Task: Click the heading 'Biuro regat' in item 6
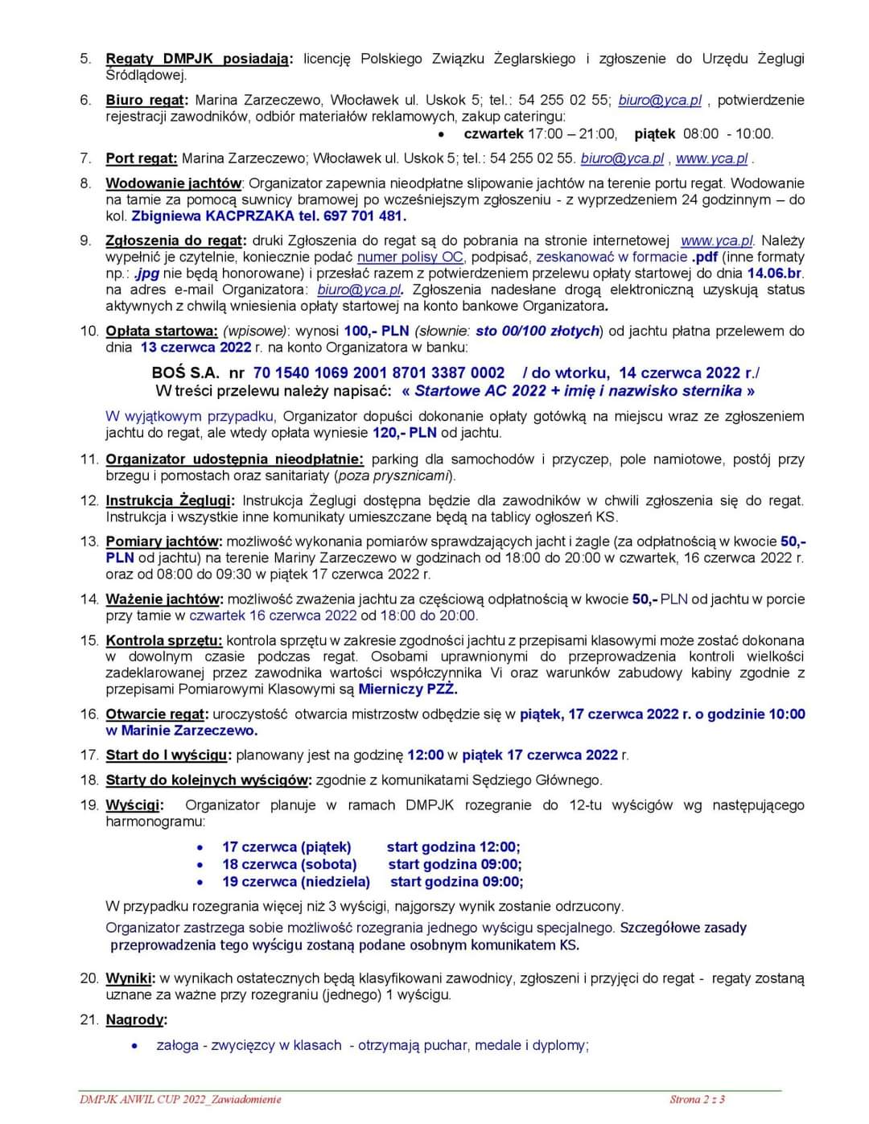click(146, 101)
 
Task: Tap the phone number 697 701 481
click(364, 216)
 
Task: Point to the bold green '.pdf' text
click(704, 257)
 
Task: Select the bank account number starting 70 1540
click(379, 373)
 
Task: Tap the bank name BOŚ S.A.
click(185, 373)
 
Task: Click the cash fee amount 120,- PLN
click(404, 433)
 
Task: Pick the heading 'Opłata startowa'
click(162, 331)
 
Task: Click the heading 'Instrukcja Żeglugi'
click(169, 500)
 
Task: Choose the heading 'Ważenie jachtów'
click(164, 599)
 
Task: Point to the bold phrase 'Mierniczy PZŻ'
click(407, 690)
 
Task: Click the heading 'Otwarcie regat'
click(157, 714)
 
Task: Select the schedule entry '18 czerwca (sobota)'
click(290, 865)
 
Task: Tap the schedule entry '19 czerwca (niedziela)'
click(296, 882)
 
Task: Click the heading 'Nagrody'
click(136, 1020)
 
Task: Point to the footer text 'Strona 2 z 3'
click(697, 1099)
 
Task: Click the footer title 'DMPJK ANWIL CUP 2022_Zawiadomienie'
click(180, 1099)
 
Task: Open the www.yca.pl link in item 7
click(711, 159)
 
